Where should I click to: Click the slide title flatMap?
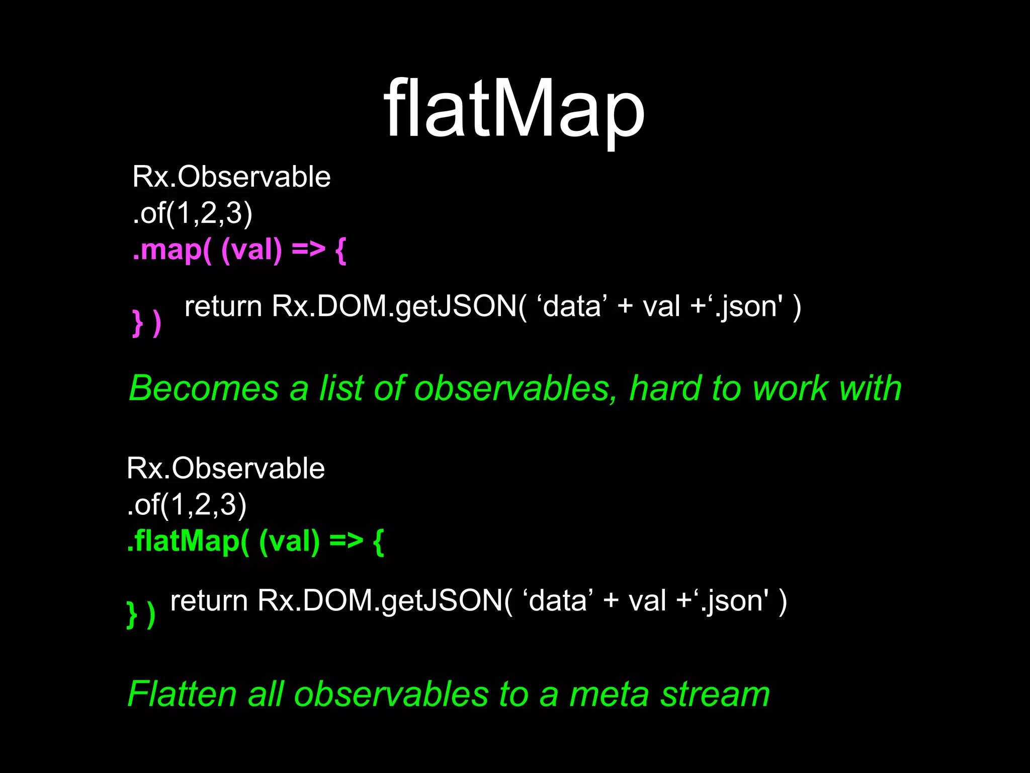coord(514,108)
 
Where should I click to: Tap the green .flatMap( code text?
coord(188,542)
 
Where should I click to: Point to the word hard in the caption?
coord(665,389)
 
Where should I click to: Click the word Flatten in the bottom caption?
coord(182,694)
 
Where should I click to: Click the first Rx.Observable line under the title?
coord(231,177)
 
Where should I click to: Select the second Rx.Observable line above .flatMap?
coord(225,469)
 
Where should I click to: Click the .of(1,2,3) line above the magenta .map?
coord(192,213)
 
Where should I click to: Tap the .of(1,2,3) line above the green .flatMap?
coord(187,505)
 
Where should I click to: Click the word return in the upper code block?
coord(223,306)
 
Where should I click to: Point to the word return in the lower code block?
coord(209,601)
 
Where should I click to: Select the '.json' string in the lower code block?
coord(734,601)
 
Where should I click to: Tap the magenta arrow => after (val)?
coord(308,250)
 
